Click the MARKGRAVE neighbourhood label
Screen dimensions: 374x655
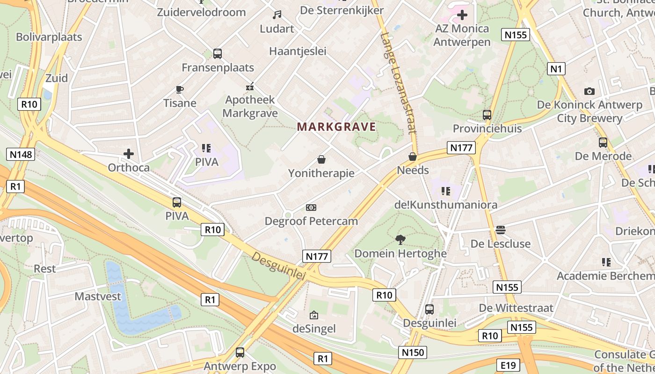pyautogui.click(x=336, y=127)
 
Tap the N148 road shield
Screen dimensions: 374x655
pyautogui.click(x=21, y=154)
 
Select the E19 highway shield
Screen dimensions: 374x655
pyautogui.click(x=508, y=365)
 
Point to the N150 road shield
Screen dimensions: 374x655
pyautogui.click(x=412, y=352)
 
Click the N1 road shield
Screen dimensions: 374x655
pyautogui.click(x=556, y=69)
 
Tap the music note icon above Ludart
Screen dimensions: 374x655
pyautogui.click(x=277, y=15)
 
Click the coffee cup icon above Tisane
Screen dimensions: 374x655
pyautogui.click(x=179, y=89)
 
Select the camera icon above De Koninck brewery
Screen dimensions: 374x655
pyautogui.click(x=589, y=91)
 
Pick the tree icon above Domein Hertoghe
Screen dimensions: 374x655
pyautogui.click(x=400, y=240)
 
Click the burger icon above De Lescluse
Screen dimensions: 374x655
pyautogui.click(x=501, y=230)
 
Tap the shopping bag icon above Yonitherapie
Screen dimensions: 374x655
pyautogui.click(x=321, y=159)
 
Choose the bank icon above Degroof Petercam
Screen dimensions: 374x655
pyautogui.click(x=311, y=207)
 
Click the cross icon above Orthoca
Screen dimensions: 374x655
pyautogui.click(x=129, y=153)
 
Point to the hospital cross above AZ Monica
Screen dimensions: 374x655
pyautogui.click(x=462, y=15)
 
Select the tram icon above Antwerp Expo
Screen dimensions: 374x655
pyautogui.click(x=240, y=352)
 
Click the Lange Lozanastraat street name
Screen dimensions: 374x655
pyautogui.click(x=399, y=83)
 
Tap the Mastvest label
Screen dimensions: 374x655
pyautogui.click(x=98, y=296)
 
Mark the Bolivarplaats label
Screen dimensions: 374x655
pyautogui.click(x=49, y=37)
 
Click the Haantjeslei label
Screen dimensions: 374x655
pyautogui.click(x=298, y=51)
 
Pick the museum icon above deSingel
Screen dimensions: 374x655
pyautogui.click(x=314, y=315)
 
